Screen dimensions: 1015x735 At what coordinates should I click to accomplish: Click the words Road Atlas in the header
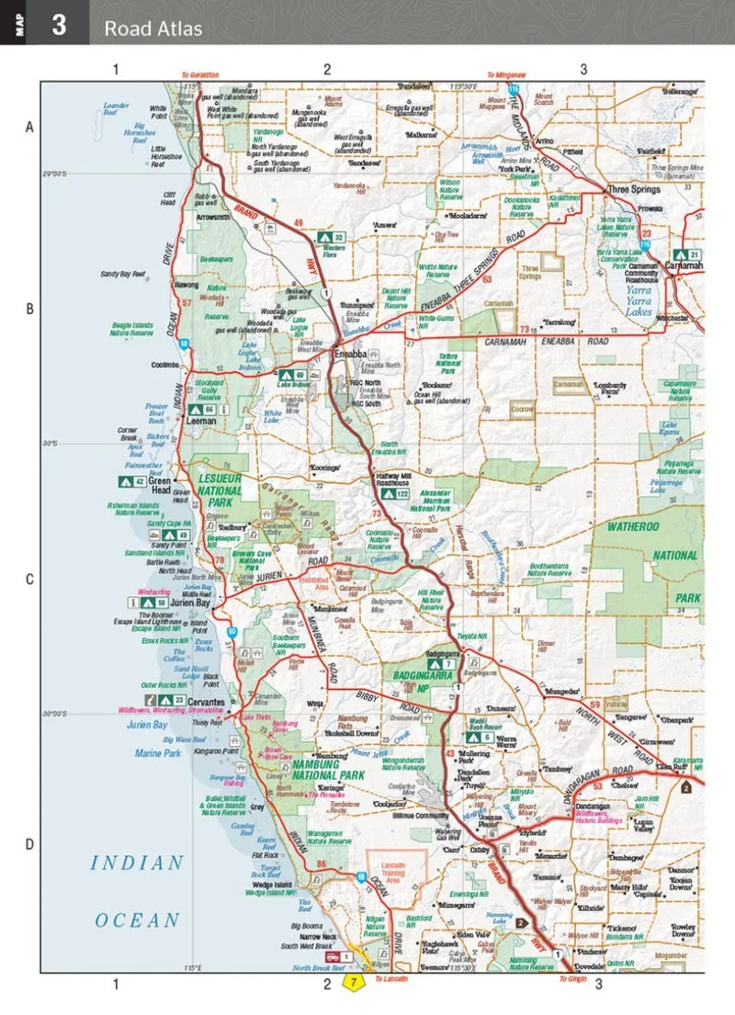[153, 28]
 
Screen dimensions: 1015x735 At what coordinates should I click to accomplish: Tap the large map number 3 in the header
[59, 25]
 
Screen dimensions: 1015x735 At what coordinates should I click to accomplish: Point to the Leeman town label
[201, 422]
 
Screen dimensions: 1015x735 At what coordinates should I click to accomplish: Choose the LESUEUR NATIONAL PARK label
[220, 485]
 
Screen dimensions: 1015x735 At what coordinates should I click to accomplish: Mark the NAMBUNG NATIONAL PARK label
[354, 768]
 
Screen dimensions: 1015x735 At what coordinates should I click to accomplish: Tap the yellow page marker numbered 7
[352, 983]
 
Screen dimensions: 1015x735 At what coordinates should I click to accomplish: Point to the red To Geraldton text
[199, 74]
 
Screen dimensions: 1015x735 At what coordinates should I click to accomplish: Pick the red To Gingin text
[577, 980]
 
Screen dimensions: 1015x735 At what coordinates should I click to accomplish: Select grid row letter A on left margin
[28, 128]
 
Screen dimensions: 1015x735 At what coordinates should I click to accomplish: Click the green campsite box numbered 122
[397, 494]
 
